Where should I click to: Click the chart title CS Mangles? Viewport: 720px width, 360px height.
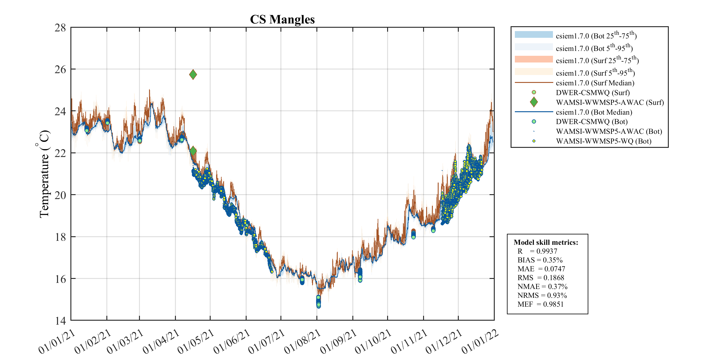click(282, 20)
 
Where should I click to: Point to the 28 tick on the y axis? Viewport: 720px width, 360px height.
click(60, 28)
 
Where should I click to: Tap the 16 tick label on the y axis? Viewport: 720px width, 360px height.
click(60, 279)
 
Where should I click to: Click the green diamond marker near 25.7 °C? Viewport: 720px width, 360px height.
click(193, 74)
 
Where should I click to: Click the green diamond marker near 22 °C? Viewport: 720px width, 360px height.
click(193, 151)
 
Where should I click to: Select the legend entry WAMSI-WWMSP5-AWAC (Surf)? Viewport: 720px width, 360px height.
click(610, 102)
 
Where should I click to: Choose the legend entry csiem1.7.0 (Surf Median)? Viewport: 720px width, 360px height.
click(595, 83)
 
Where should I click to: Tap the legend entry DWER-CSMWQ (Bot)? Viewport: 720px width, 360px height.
click(591, 122)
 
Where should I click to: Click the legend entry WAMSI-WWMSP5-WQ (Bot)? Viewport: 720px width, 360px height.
click(603, 141)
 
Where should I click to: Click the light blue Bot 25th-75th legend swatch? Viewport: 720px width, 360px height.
click(534, 34)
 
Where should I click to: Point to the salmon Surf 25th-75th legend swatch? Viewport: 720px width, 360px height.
click(534, 59)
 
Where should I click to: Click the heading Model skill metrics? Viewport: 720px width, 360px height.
click(546, 242)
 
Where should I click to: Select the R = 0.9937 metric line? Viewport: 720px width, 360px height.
click(537, 251)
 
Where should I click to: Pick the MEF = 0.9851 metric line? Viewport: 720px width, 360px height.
click(540, 304)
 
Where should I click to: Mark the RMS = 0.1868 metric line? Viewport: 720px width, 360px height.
click(540, 278)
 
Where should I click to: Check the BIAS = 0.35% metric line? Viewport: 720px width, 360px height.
click(540, 260)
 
